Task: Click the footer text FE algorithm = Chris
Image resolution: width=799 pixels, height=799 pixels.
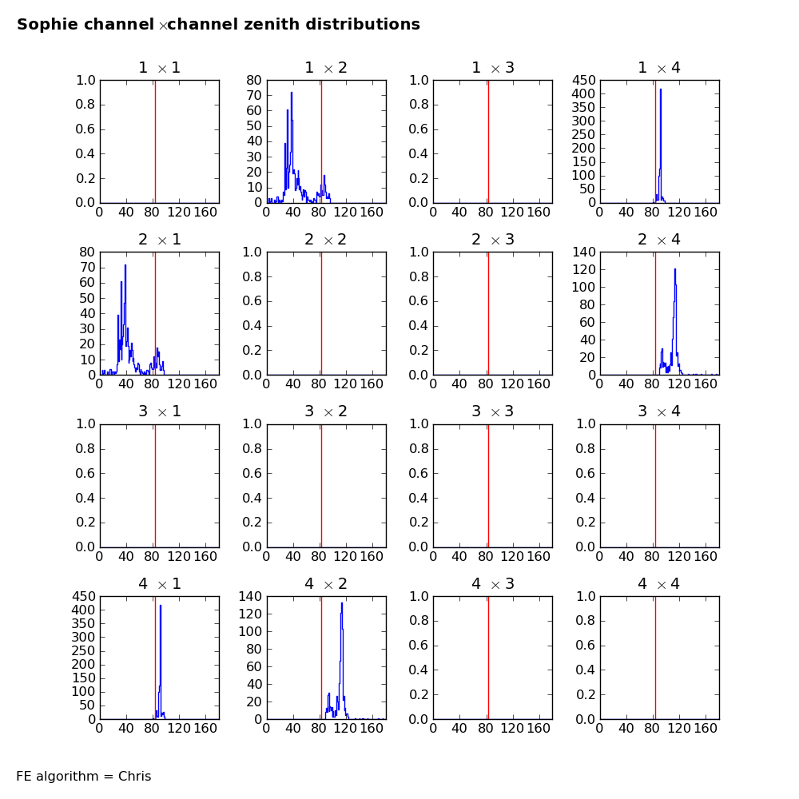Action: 83,777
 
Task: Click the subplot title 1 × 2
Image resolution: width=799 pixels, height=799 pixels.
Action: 325,68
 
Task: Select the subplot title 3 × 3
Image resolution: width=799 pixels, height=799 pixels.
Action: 492,411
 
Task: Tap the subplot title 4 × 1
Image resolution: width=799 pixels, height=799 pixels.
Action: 159,584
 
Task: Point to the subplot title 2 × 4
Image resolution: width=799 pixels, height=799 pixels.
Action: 659,240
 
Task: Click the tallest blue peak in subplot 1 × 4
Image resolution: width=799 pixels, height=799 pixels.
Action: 661,89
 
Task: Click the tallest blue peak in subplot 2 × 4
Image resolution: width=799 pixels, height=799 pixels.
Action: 675,269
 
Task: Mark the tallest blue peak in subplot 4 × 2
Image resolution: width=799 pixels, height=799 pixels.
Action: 342,603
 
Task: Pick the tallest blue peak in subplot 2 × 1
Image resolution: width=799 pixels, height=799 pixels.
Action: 125,265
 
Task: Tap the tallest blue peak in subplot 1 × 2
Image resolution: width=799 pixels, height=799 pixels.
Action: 292,93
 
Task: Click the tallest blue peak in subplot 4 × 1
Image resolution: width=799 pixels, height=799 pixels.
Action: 161,606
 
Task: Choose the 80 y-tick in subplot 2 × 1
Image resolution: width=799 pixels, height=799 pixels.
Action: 86,252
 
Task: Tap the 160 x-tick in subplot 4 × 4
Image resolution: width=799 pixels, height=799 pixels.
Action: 706,729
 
